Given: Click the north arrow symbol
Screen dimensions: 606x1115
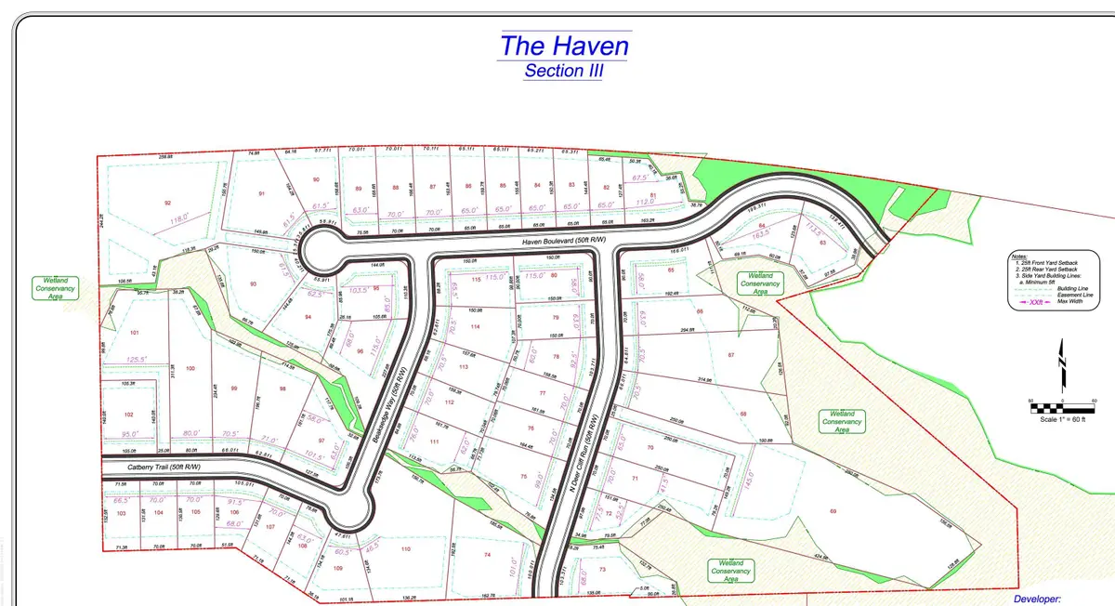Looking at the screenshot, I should pos(1063,365).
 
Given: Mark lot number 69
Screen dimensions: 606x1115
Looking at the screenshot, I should pos(833,511).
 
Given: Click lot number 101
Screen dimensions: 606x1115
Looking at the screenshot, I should pos(135,332).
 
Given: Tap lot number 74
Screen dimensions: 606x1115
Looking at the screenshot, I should pos(486,555).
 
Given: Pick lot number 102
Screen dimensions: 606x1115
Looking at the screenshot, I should pos(129,415).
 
